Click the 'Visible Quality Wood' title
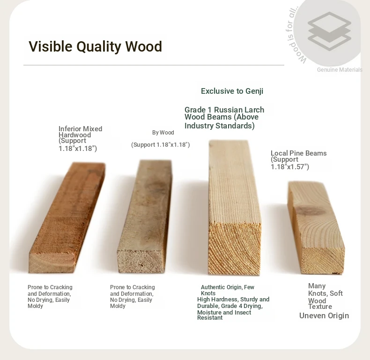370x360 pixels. [x=96, y=46]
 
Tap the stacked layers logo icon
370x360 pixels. [x=329, y=31]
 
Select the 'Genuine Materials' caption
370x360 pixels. [x=340, y=70]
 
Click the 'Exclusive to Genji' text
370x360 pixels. [x=232, y=91]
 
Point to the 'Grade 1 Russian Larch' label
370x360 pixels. [x=224, y=110]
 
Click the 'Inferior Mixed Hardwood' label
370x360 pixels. [x=80, y=132]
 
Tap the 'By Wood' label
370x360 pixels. [x=163, y=133]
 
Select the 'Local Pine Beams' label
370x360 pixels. [x=298, y=153]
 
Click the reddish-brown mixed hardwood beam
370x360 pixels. [x=67, y=217]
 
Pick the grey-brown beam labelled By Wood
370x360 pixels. [x=145, y=217]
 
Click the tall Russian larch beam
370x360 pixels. [x=235, y=207]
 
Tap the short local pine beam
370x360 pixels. [x=316, y=227]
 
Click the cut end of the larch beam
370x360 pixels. [x=235, y=248]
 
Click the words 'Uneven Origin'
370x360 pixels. [x=324, y=315]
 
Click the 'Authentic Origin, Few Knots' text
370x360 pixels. [x=228, y=290]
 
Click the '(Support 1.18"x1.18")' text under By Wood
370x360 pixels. [x=161, y=144]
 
